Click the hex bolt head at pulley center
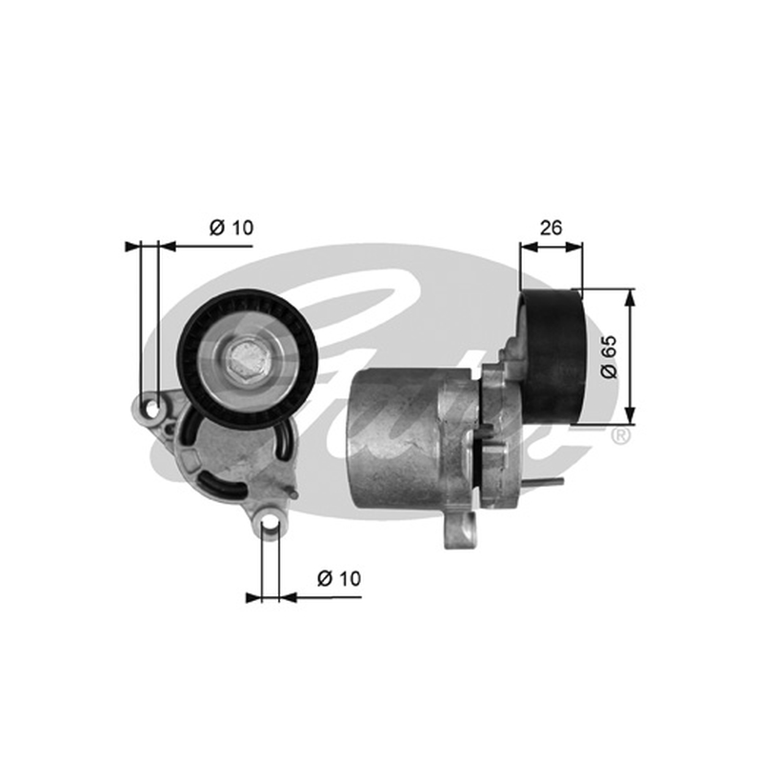click(248, 360)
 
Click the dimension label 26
click(551, 228)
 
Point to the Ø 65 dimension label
click(609, 356)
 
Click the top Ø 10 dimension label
click(231, 227)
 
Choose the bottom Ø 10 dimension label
click(339, 578)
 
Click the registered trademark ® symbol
click(621, 435)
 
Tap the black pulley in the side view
click(552, 357)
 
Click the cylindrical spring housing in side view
click(397, 438)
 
